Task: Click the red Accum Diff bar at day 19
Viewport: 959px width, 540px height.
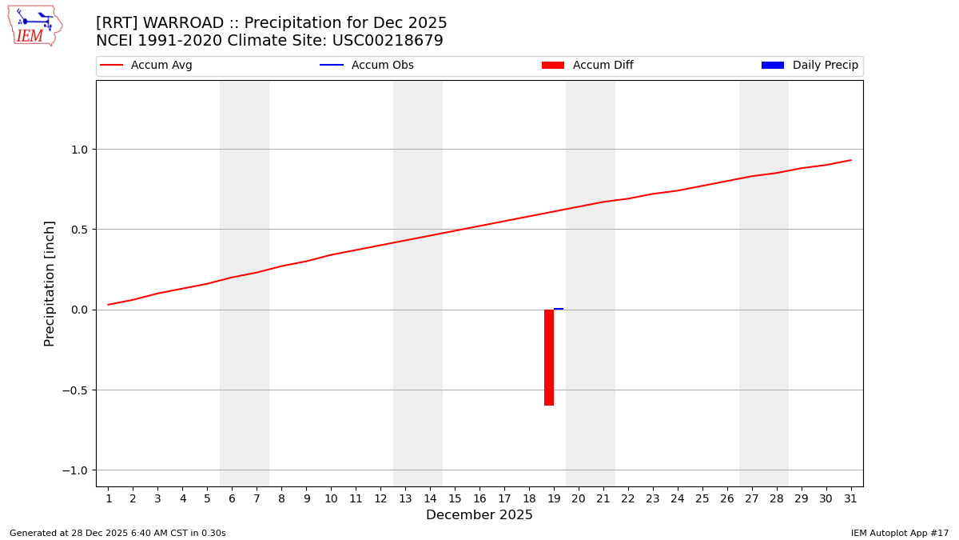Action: [549, 357]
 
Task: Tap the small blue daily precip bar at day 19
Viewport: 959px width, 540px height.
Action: [559, 309]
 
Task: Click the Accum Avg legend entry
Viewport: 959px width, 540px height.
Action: [147, 66]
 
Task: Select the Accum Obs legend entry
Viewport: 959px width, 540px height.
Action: [368, 66]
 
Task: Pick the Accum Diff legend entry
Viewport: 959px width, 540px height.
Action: [588, 66]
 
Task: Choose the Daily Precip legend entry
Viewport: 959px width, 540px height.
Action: [810, 66]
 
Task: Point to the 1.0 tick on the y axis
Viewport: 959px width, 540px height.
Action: [80, 150]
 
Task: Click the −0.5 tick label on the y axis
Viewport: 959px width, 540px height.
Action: [77, 390]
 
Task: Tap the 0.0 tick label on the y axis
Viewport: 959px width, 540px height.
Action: [80, 310]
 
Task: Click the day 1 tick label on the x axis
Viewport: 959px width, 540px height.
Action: [109, 499]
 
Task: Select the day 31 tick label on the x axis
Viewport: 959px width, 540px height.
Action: [850, 499]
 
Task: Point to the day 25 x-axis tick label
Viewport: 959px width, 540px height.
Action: [702, 499]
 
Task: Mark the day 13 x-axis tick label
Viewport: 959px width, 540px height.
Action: [405, 499]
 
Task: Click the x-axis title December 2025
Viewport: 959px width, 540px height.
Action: [479, 515]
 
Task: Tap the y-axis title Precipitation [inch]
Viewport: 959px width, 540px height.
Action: [50, 283]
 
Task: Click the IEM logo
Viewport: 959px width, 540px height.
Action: [34, 26]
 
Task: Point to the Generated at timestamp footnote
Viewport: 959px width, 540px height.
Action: [117, 533]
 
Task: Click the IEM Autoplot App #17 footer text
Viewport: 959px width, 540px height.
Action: [900, 533]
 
